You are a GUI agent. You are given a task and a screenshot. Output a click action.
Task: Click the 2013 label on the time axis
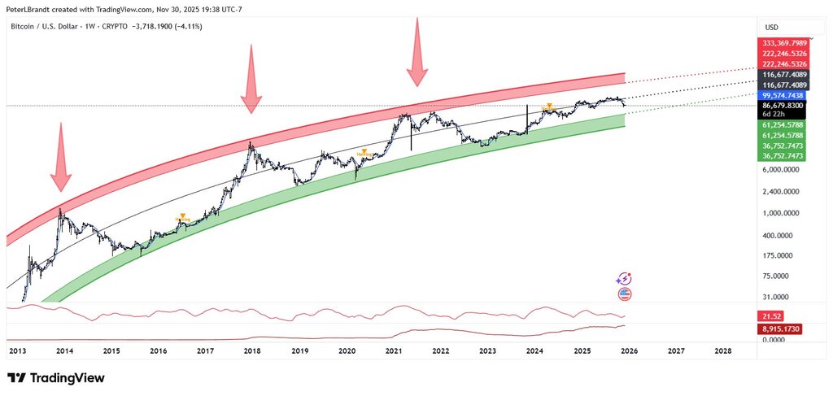[x=18, y=351]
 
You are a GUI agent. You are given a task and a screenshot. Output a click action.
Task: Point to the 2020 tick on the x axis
[x=347, y=351]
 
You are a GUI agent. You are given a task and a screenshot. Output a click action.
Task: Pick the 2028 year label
[x=722, y=351]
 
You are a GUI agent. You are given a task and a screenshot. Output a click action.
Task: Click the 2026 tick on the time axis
[x=628, y=351]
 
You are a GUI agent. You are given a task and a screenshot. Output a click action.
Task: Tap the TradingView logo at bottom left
[x=56, y=378]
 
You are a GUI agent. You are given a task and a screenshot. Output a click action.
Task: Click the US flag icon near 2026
[x=625, y=294]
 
